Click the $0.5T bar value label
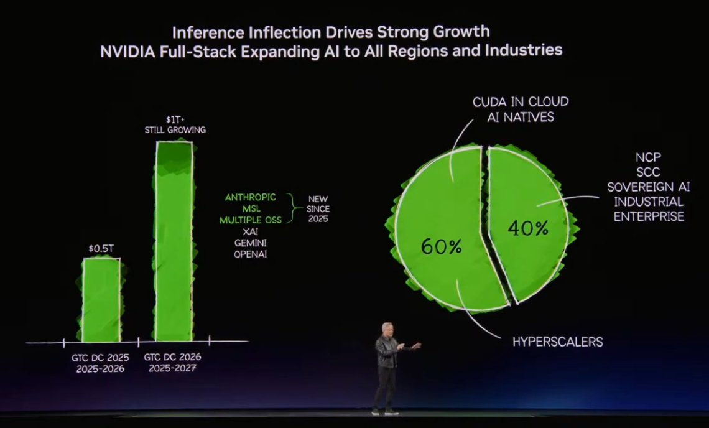101,248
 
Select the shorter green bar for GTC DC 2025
101,299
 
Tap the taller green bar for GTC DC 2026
175,241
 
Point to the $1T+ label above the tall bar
175,119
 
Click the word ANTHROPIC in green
251,197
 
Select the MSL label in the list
251,208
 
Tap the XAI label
250,231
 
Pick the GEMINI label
251,243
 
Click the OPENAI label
251,254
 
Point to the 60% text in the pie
442,246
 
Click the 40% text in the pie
528,228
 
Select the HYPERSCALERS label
557,342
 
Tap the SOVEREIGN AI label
649,187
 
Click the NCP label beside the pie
649,157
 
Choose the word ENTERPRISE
649,216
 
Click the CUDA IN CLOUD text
521,102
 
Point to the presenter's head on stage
387,328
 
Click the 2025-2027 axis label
172,368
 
